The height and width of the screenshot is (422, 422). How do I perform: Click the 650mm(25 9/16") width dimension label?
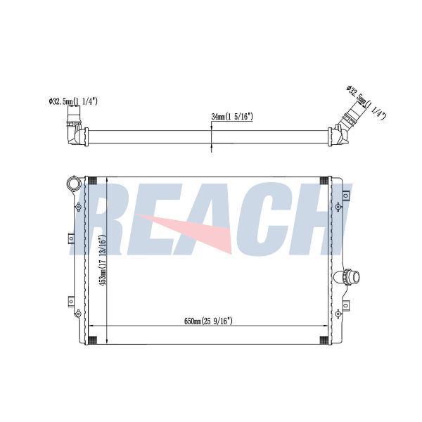(208, 321)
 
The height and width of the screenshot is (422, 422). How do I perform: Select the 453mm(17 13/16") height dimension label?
(102, 260)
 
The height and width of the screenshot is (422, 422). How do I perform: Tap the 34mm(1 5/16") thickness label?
(232, 117)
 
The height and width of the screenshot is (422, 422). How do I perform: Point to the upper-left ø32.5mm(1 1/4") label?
(73, 101)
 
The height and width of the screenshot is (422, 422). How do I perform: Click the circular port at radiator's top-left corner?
(74, 184)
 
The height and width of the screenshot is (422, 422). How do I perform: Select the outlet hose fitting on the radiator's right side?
(347, 276)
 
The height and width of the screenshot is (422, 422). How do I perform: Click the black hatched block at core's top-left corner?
(92, 181)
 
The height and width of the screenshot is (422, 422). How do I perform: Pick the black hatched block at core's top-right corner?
(324, 181)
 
